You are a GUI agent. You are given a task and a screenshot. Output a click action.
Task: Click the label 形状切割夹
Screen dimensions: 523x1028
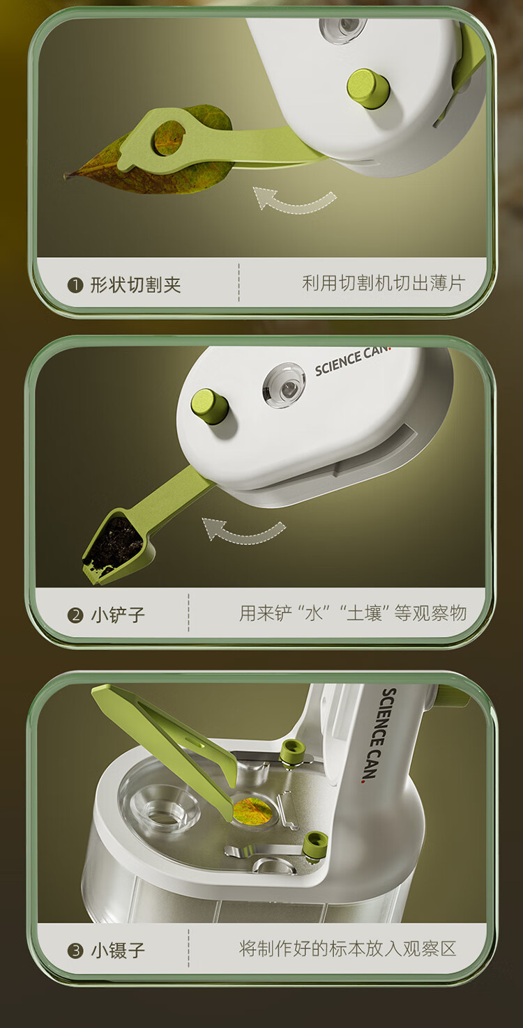tap(135, 285)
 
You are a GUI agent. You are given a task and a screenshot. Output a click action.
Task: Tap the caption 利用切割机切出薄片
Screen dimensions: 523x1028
tap(384, 283)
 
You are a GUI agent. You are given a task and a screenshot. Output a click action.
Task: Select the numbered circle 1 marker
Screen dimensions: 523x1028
tap(75, 286)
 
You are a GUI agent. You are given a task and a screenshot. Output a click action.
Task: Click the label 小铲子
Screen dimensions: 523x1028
tap(118, 615)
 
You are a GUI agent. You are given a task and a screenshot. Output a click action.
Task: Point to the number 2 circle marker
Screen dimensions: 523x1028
tap(75, 615)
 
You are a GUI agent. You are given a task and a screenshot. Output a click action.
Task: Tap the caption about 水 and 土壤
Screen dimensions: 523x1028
tap(353, 613)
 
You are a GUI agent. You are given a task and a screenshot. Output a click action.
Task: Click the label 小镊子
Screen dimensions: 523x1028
tap(118, 950)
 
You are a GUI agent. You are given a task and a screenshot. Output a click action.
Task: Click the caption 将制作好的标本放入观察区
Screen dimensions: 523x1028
tap(347, 948)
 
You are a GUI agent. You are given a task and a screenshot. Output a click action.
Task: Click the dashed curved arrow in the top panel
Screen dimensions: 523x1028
tap(294, 206)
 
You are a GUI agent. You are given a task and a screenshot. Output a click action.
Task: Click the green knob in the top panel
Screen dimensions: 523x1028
tap(367, 88)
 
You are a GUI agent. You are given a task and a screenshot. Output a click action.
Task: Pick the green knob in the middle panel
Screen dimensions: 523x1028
tap(210, 406)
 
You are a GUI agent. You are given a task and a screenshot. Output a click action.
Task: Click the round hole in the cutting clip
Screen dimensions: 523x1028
tap(169, 137)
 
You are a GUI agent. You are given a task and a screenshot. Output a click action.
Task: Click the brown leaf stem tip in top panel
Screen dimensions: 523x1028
tap(66, 176)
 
